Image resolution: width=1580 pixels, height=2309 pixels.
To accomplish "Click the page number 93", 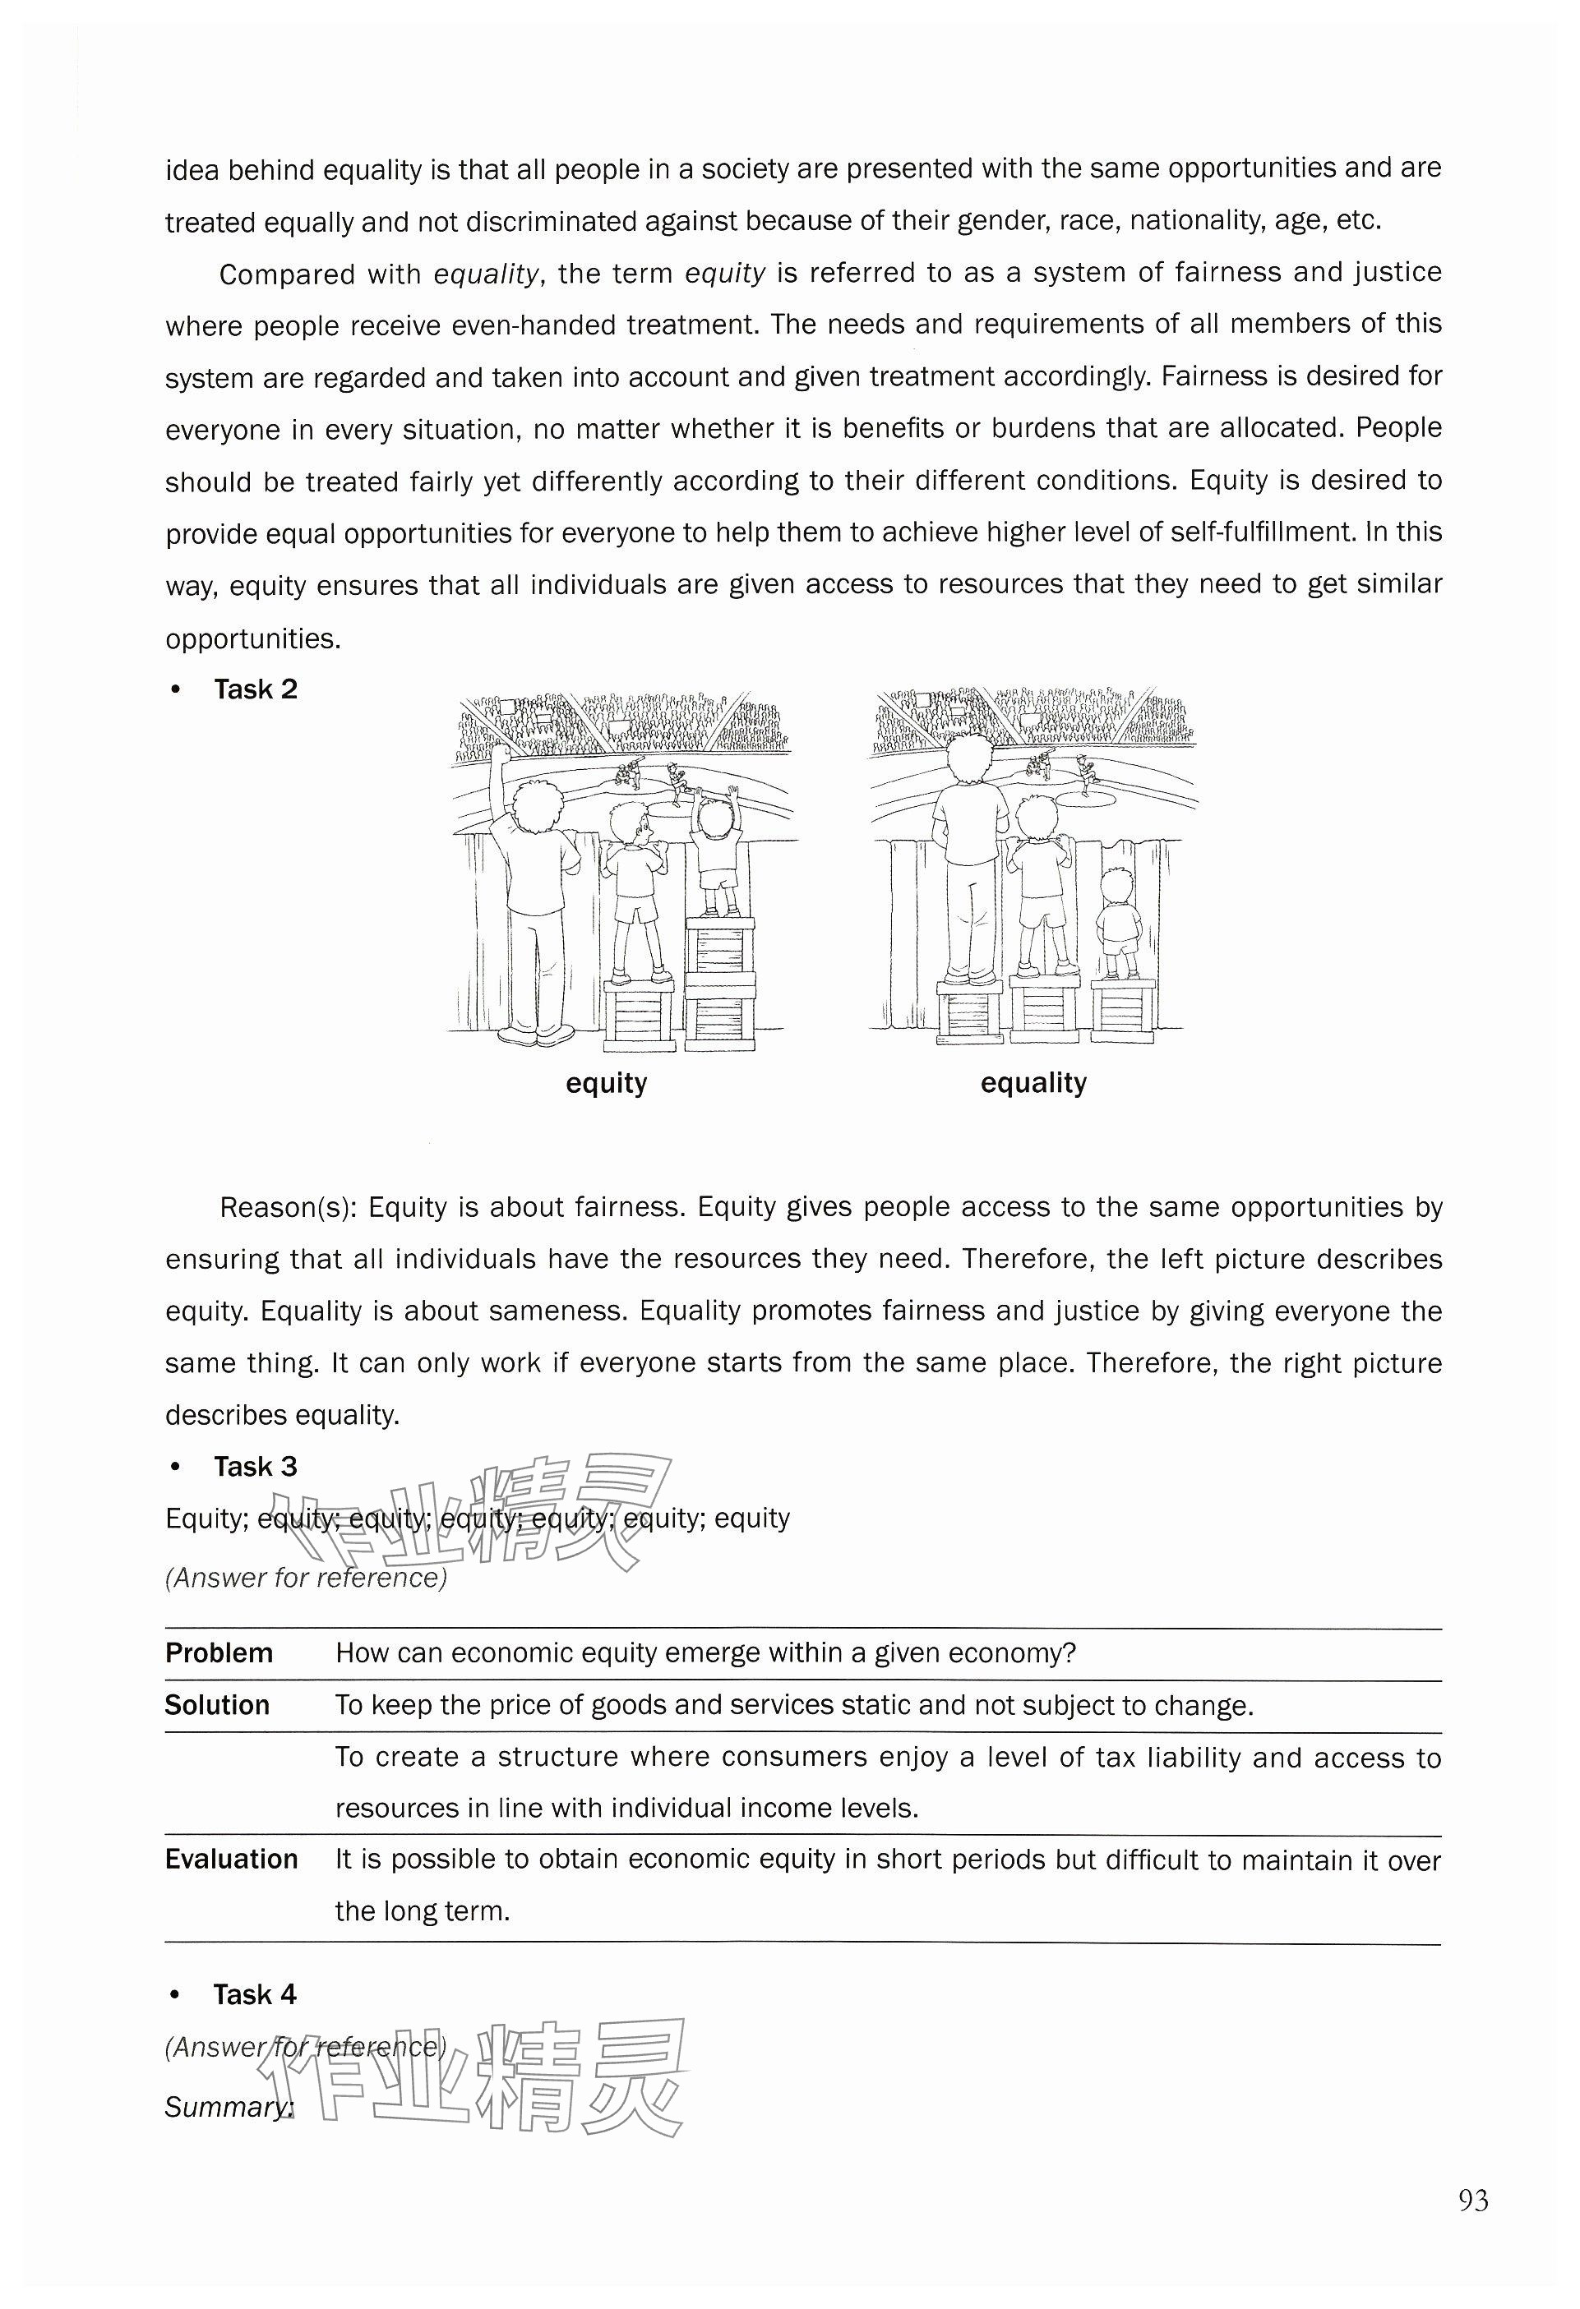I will tap(1472, 2201).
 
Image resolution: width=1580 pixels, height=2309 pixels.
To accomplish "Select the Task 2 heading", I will tap(256, 689).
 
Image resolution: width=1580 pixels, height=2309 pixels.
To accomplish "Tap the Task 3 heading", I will tap(256, 1467).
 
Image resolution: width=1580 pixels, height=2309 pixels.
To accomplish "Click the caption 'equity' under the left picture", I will tap(606, 1083).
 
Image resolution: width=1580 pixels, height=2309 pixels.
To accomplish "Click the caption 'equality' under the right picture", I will tap(1033, 1083).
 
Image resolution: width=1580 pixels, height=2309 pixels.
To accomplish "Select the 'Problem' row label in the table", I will tap(219, 1653).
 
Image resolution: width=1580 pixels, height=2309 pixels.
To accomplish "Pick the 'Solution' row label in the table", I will tap(217, 1706).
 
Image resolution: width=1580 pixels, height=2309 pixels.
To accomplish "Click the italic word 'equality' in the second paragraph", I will tap(487, 274).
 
